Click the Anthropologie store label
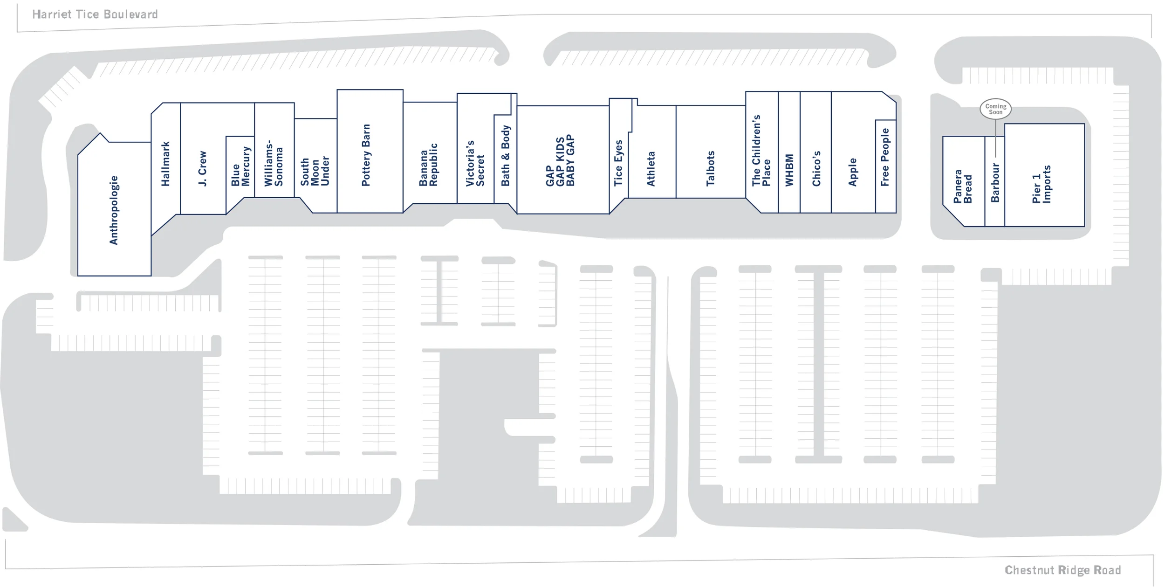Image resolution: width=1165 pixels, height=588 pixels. coord(114,210)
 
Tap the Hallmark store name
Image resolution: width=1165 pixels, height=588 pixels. coord(165,164)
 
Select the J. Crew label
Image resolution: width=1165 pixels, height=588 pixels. coord(202,168)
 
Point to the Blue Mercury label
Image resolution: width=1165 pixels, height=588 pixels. coord(240,167)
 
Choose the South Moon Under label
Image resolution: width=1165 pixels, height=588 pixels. coord(315,171)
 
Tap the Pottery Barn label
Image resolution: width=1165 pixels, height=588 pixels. coord(366,155)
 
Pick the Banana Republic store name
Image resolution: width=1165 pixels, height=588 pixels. coord(428,165)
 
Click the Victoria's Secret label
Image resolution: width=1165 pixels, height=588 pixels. coord(475,163)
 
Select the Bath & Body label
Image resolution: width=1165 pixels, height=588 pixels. coord(506,156)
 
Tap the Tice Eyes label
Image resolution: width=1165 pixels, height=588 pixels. coord(618,163)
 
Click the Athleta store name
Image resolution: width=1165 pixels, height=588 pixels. coord(651,169)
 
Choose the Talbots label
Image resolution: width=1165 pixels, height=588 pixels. coord(710,168)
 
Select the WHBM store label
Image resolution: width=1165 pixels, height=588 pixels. coord(789,170)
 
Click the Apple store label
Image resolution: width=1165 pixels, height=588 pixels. coord(853,172)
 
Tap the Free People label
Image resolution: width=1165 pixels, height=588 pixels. coord(885,157)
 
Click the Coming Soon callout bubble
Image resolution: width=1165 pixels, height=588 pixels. coord(995,109)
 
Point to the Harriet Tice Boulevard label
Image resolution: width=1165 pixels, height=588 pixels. coord(95,14)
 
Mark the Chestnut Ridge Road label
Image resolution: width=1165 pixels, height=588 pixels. coord(1062,570)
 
